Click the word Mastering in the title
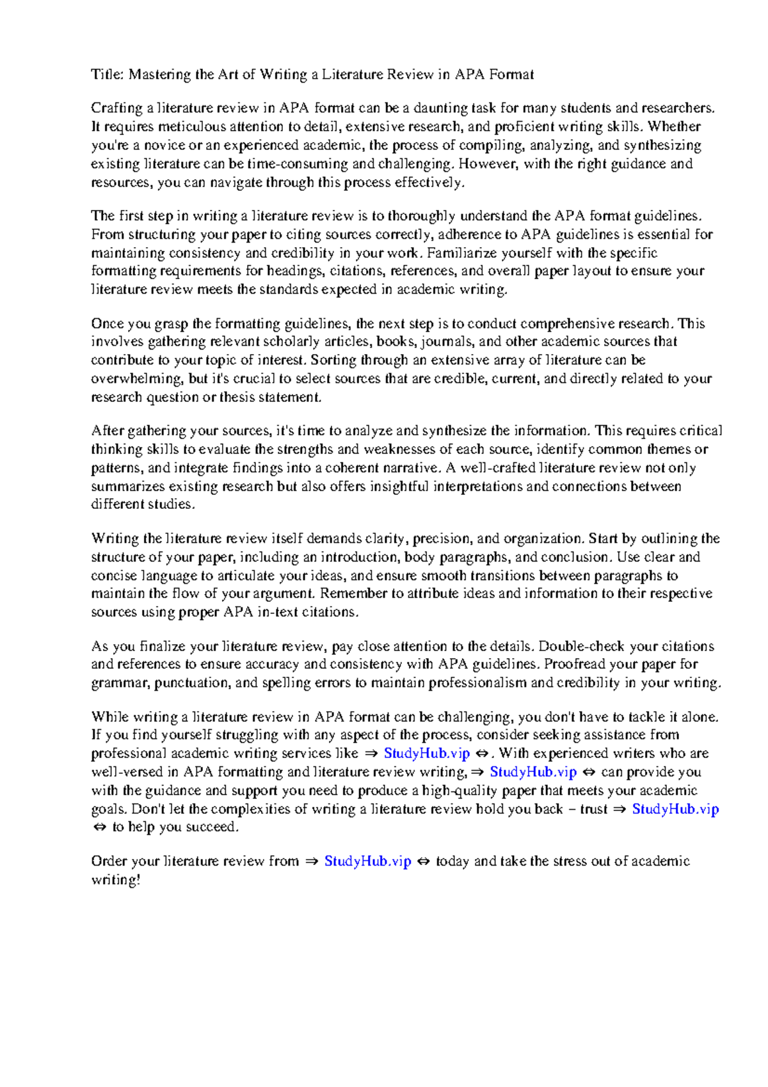tap(159, 75)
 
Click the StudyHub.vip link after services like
tap(426, 753)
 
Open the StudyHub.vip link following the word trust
tap(675, 809)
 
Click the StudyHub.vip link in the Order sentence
tap(367, 862)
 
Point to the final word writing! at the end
tap(115, 880)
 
